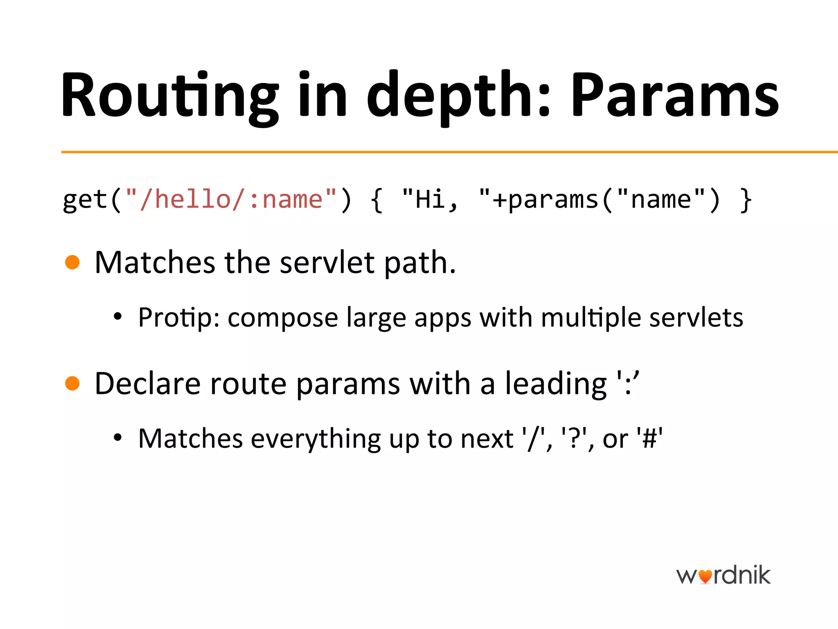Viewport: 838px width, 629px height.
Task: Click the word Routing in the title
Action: [x=170, y=96]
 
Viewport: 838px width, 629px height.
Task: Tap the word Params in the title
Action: [x=675, y=96]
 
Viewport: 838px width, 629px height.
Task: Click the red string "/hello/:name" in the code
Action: [x=231, y=200]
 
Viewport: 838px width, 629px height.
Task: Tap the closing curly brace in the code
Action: [x=746, y=200]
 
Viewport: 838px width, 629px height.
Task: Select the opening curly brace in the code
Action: [x=377, y=200]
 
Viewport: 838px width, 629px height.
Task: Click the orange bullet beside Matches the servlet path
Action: [x=72, y=262]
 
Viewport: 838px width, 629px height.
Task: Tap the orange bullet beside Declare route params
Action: [x=72, y=383]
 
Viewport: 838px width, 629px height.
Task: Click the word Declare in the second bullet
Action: [x=148, y=384]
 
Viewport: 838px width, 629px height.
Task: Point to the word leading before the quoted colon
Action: [x=556, y=384]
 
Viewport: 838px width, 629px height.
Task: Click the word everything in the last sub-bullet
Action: [x=315, y=439]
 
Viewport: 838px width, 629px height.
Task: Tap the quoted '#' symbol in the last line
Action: [x=649, y=439]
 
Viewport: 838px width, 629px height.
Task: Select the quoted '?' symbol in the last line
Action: [x=574, y=439]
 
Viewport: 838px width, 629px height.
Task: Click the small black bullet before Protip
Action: [x=118, y=317]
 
